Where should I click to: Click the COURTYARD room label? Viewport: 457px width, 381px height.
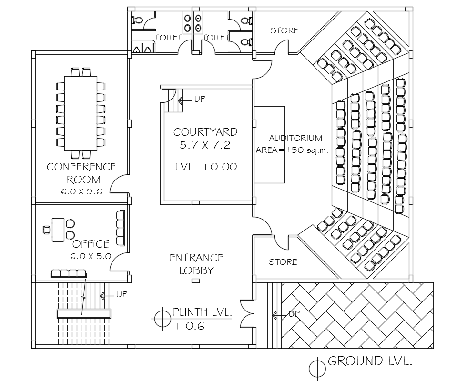[205, 132]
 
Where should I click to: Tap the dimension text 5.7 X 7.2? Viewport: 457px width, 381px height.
[205, 146]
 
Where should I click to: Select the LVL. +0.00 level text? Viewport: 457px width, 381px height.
[206, 167]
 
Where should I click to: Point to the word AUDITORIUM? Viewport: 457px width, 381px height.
[295, 138]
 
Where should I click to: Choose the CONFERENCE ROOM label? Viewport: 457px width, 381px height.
[81, 173]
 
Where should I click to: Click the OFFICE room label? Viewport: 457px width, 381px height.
[91, 244]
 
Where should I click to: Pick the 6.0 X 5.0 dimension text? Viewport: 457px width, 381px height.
[91, 256]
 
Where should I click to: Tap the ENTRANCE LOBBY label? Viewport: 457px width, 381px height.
[196, 264]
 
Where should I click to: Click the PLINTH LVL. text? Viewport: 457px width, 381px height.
[202, 312]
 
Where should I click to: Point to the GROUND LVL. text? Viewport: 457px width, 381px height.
[369, 361]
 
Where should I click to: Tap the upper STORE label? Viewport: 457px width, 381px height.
[284, 30]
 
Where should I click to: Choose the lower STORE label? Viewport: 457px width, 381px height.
[283, 262]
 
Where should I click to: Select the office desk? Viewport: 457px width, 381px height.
[58, 229]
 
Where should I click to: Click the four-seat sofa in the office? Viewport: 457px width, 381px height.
[69, 273]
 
